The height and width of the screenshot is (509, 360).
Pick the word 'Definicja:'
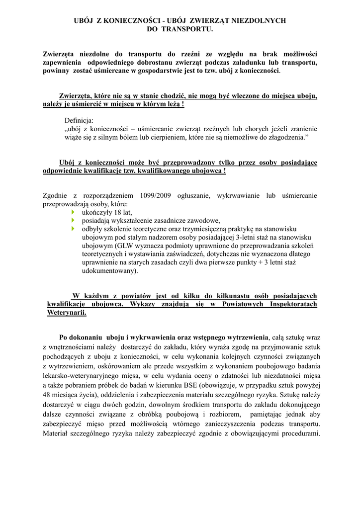(x=82, y=120)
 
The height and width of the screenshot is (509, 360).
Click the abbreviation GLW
(x=126, y=246)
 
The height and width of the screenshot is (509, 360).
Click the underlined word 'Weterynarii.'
(x=66, y=313)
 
